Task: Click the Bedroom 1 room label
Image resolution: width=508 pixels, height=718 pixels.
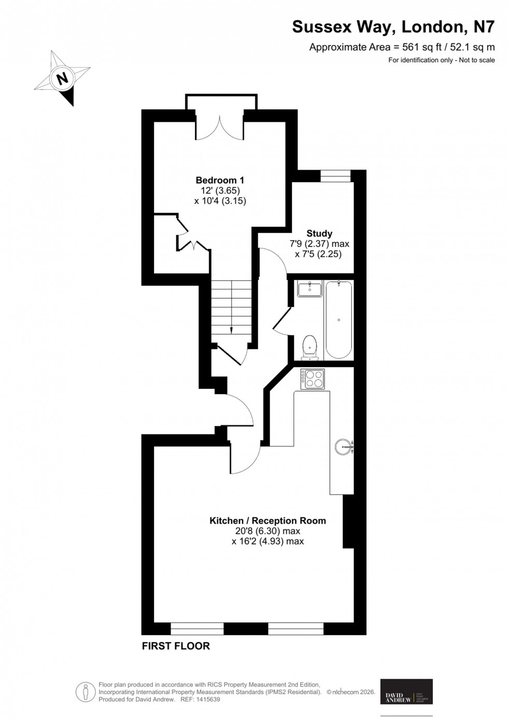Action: click(x=220, y=180)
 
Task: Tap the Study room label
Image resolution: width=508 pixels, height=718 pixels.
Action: click(x=319, y=233)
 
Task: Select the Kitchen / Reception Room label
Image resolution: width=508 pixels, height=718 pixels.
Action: click(x=267, y=520)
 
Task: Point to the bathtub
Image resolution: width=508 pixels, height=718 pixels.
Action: click(x=338, y=319)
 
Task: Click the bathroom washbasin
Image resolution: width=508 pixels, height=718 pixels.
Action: click(x=310, y=288)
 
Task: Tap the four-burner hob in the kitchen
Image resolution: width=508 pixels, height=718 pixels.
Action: click(x=313, y=378)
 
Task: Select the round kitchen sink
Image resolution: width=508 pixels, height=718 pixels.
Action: click(x=344, y=446)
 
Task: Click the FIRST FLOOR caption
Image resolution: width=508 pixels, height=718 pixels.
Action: click(x=176, y=646)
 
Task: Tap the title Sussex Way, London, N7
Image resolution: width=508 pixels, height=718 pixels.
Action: click(x=393, y=27)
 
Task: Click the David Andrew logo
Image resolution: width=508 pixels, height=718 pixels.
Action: click(x=406, y=692)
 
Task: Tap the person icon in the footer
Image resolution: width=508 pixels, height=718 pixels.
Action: click(x=84, y=692)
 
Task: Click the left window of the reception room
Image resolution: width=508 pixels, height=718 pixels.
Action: click(x=197, y=629)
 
